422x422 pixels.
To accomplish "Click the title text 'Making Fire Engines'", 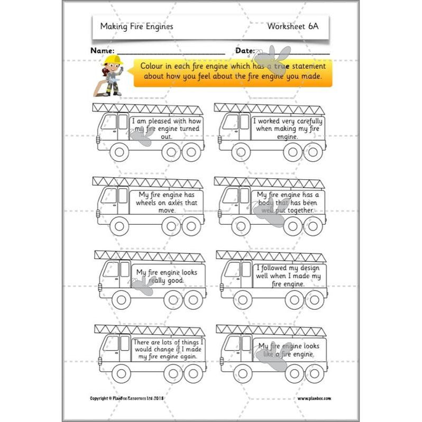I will (x=136, y=26).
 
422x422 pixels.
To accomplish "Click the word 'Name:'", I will (x=103, y=51).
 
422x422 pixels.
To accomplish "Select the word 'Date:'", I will (x=245, y=51).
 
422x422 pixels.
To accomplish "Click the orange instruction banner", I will (x=233, y=73).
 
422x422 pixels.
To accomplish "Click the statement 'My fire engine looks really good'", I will (x=167, y=276).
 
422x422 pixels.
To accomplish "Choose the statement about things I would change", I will (x=168, y=350).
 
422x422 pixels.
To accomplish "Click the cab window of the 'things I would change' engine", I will (x=111, y=344).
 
